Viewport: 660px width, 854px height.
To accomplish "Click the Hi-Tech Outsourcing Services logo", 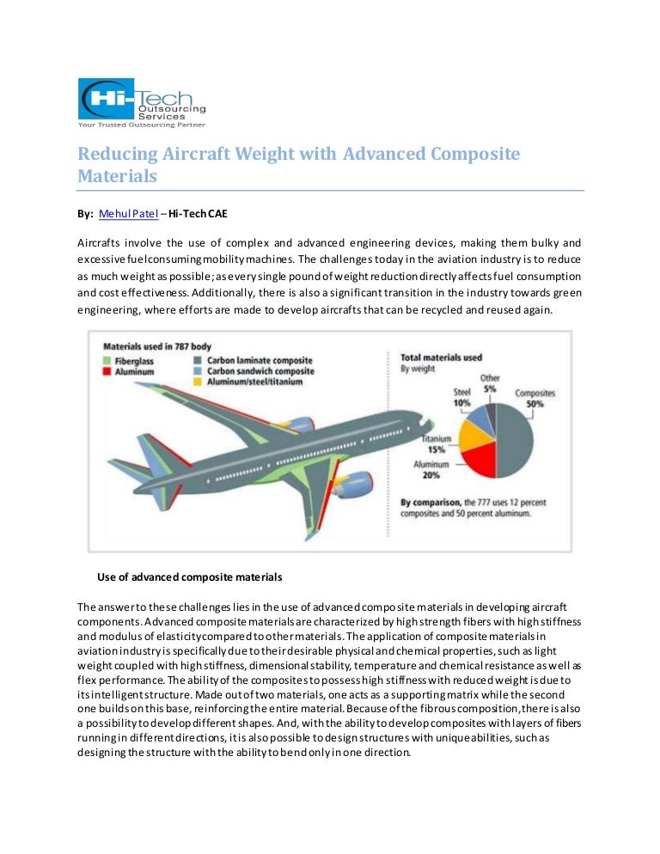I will coord(141,102).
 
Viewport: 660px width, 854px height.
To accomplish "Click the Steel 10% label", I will coord(462,397).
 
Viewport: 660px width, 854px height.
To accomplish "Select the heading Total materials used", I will coord(442,356).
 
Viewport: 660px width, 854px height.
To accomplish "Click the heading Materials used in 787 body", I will coord(156,347).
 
